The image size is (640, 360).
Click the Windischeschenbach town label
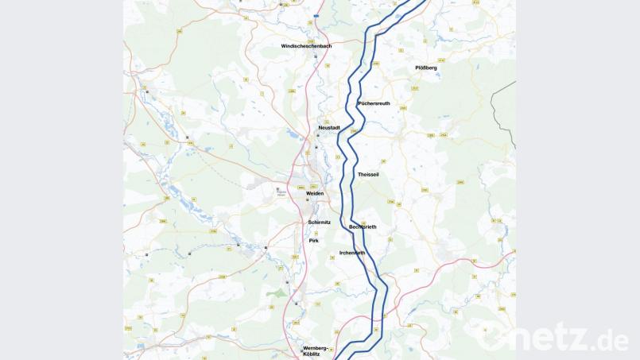[x=306, y=46]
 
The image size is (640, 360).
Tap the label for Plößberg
[x=426, y=68]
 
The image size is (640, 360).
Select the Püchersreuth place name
[x=374, y=103]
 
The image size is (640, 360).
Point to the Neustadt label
[x=328, y=127]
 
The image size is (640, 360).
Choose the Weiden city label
[x=316, y=193]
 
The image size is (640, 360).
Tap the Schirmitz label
[x=319, y=223]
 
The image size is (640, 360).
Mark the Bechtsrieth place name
[x=363, y=227]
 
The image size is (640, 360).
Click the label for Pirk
[x=313, y=239]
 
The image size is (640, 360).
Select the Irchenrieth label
[x=351, y=253]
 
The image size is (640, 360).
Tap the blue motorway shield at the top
[x=316, y=15]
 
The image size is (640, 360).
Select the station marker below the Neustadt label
[x=318, y=136]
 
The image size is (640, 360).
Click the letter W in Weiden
[x=308, y=193]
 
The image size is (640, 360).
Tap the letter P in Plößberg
[x=417, y=68]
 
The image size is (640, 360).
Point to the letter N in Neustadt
[x=320, y=127]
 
